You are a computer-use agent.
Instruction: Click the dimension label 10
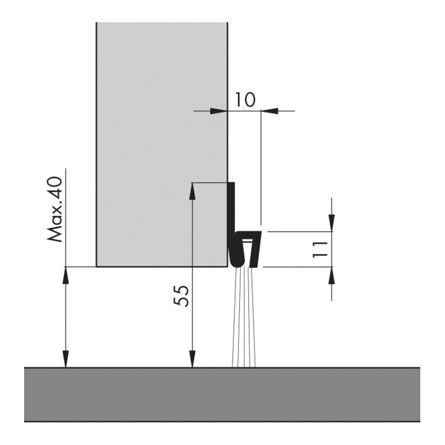245,100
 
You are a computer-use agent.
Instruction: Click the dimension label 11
320,250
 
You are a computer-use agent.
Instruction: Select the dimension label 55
181,296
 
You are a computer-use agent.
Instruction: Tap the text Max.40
54,210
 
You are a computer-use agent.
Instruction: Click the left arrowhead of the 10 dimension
219,111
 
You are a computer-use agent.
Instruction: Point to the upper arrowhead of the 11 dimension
331,223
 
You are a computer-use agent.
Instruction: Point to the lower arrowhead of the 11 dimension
331,275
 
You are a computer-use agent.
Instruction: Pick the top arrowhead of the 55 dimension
192,192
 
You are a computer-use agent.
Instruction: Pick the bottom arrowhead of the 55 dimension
192,358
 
